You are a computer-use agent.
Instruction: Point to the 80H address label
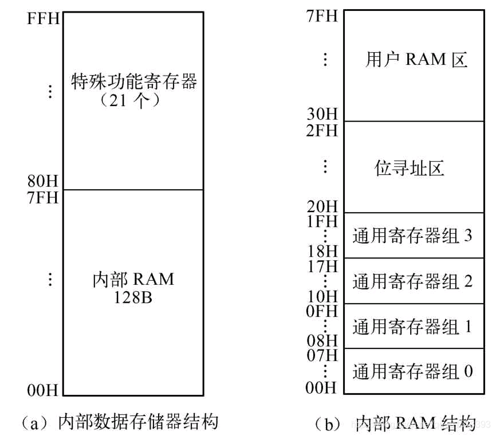[43, 183]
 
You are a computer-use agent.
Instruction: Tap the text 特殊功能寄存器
[133, 81]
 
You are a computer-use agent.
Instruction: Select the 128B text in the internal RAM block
[133, 298]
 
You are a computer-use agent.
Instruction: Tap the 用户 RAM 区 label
[416, 60]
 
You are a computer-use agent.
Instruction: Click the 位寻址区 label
[410, 168]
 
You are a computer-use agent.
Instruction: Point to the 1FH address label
[322, 221]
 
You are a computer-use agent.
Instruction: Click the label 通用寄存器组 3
[412, 236]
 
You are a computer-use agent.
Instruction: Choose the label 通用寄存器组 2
[412, 281]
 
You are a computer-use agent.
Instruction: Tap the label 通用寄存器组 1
[412, 327]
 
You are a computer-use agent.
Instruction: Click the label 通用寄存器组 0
[412, 371]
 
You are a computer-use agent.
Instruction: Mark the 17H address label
[322, 267]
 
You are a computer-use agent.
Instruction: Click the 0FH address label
[322, 312]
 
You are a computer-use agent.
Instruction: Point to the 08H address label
[322, 341]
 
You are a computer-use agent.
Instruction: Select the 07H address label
[322, 356]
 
